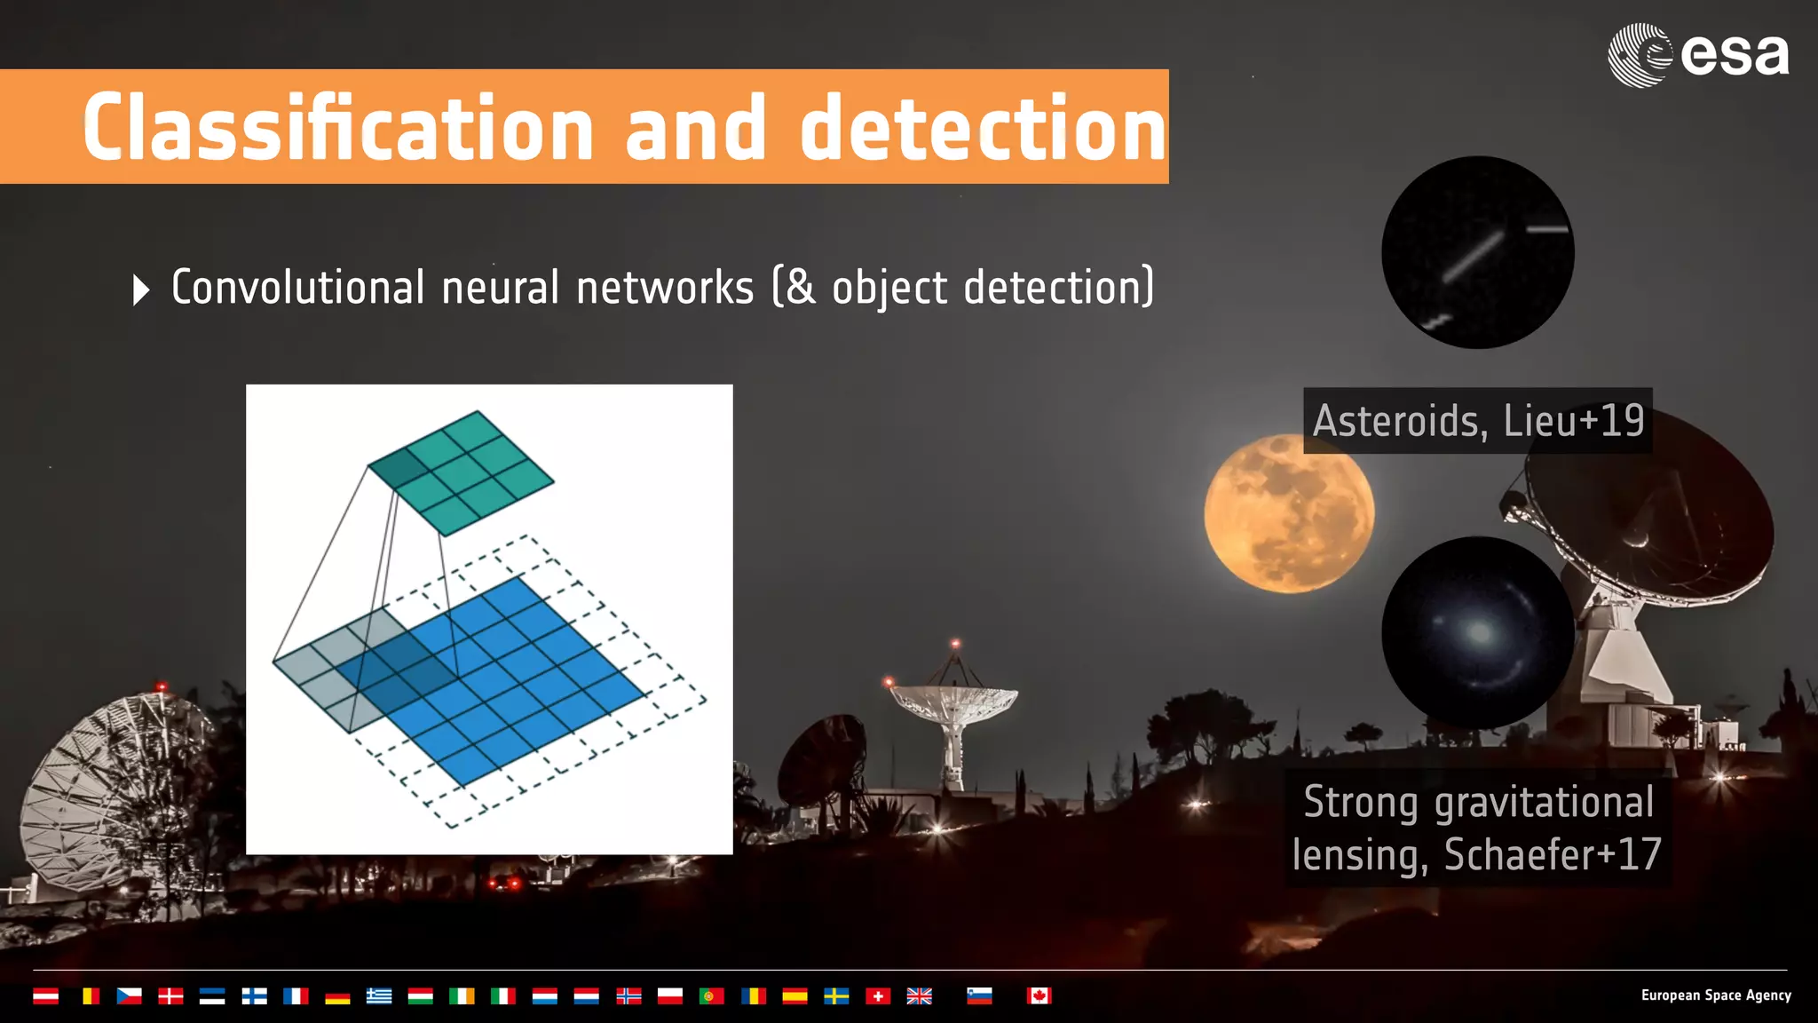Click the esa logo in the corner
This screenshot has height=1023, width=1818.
[x=1697, y=55]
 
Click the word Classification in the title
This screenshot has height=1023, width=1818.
[x=337, y=129]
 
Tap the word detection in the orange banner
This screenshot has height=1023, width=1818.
[x=982, y=129]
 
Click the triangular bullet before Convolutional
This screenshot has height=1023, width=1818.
[x=140, y=289]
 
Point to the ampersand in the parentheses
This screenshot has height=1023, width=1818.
[x=801, y=288]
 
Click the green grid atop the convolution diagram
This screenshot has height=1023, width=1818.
[x=461, y=472]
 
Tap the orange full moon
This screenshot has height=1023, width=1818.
[x=1288, y=513]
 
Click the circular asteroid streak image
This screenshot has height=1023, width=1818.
[x=1477, y=252]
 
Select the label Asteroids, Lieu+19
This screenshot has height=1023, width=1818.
[x=1477, y=420]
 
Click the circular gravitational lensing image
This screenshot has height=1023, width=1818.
[x=1477, y=632]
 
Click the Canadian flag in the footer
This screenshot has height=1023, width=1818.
[x=1039, y=995]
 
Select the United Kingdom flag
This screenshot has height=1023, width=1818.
[x=919, y=995]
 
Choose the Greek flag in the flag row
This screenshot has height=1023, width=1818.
[x=379, y=995]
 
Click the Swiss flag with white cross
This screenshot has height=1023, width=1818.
[x=877, y=995]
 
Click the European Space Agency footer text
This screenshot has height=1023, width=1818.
[x=1715, y=995]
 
